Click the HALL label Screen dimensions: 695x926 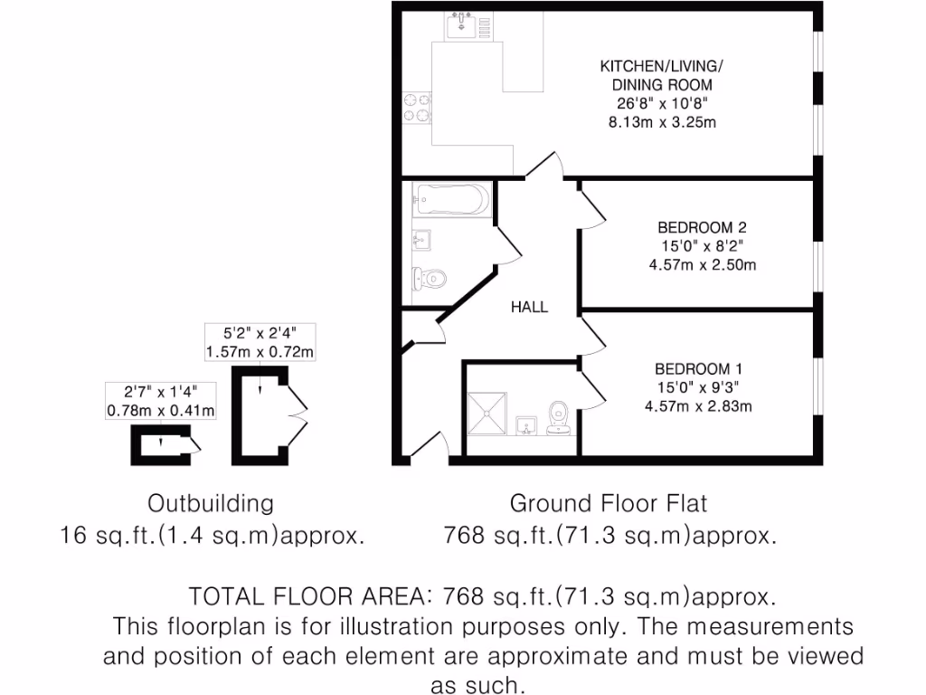point(529,307)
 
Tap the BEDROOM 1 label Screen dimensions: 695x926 point(699,369)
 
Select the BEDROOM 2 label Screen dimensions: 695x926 point(702,227)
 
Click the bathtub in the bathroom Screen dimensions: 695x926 point(450,198)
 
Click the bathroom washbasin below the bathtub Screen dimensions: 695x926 point(422,240)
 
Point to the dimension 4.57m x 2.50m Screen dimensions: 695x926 point(702,265)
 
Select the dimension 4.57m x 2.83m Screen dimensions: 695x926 point(698,406)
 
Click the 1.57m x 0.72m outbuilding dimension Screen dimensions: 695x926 point(261,351)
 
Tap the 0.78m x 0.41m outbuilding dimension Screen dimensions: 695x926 point(161,411)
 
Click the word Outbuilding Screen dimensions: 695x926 point(210,503)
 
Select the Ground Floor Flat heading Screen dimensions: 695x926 point(609,503)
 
